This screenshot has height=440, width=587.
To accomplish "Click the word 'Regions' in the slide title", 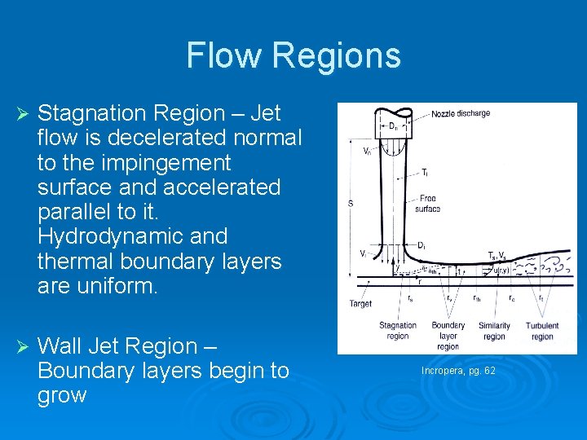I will click(x=337, y=55).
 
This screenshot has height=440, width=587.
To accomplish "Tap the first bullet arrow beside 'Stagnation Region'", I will click(x=23, y=113).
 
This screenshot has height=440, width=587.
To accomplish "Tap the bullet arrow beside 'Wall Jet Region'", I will click(x=23, y=346).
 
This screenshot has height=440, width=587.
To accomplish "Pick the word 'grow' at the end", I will click(x=62, y=395).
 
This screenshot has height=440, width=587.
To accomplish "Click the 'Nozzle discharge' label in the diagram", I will click(x=461, y=113).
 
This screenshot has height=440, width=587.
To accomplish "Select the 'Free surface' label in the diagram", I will click(x=429, y=204).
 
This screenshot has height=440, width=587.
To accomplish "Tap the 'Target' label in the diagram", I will click(x=360, y=304).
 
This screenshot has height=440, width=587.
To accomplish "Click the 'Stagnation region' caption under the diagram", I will click(x=399, y=331).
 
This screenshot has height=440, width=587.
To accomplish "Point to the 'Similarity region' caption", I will click(x=493, y=331).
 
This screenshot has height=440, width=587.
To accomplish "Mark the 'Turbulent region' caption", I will click(x=542, y=331).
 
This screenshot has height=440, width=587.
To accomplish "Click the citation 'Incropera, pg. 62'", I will click(x=458, y=371).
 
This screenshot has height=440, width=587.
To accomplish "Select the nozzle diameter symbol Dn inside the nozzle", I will click(x=393, y=126).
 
